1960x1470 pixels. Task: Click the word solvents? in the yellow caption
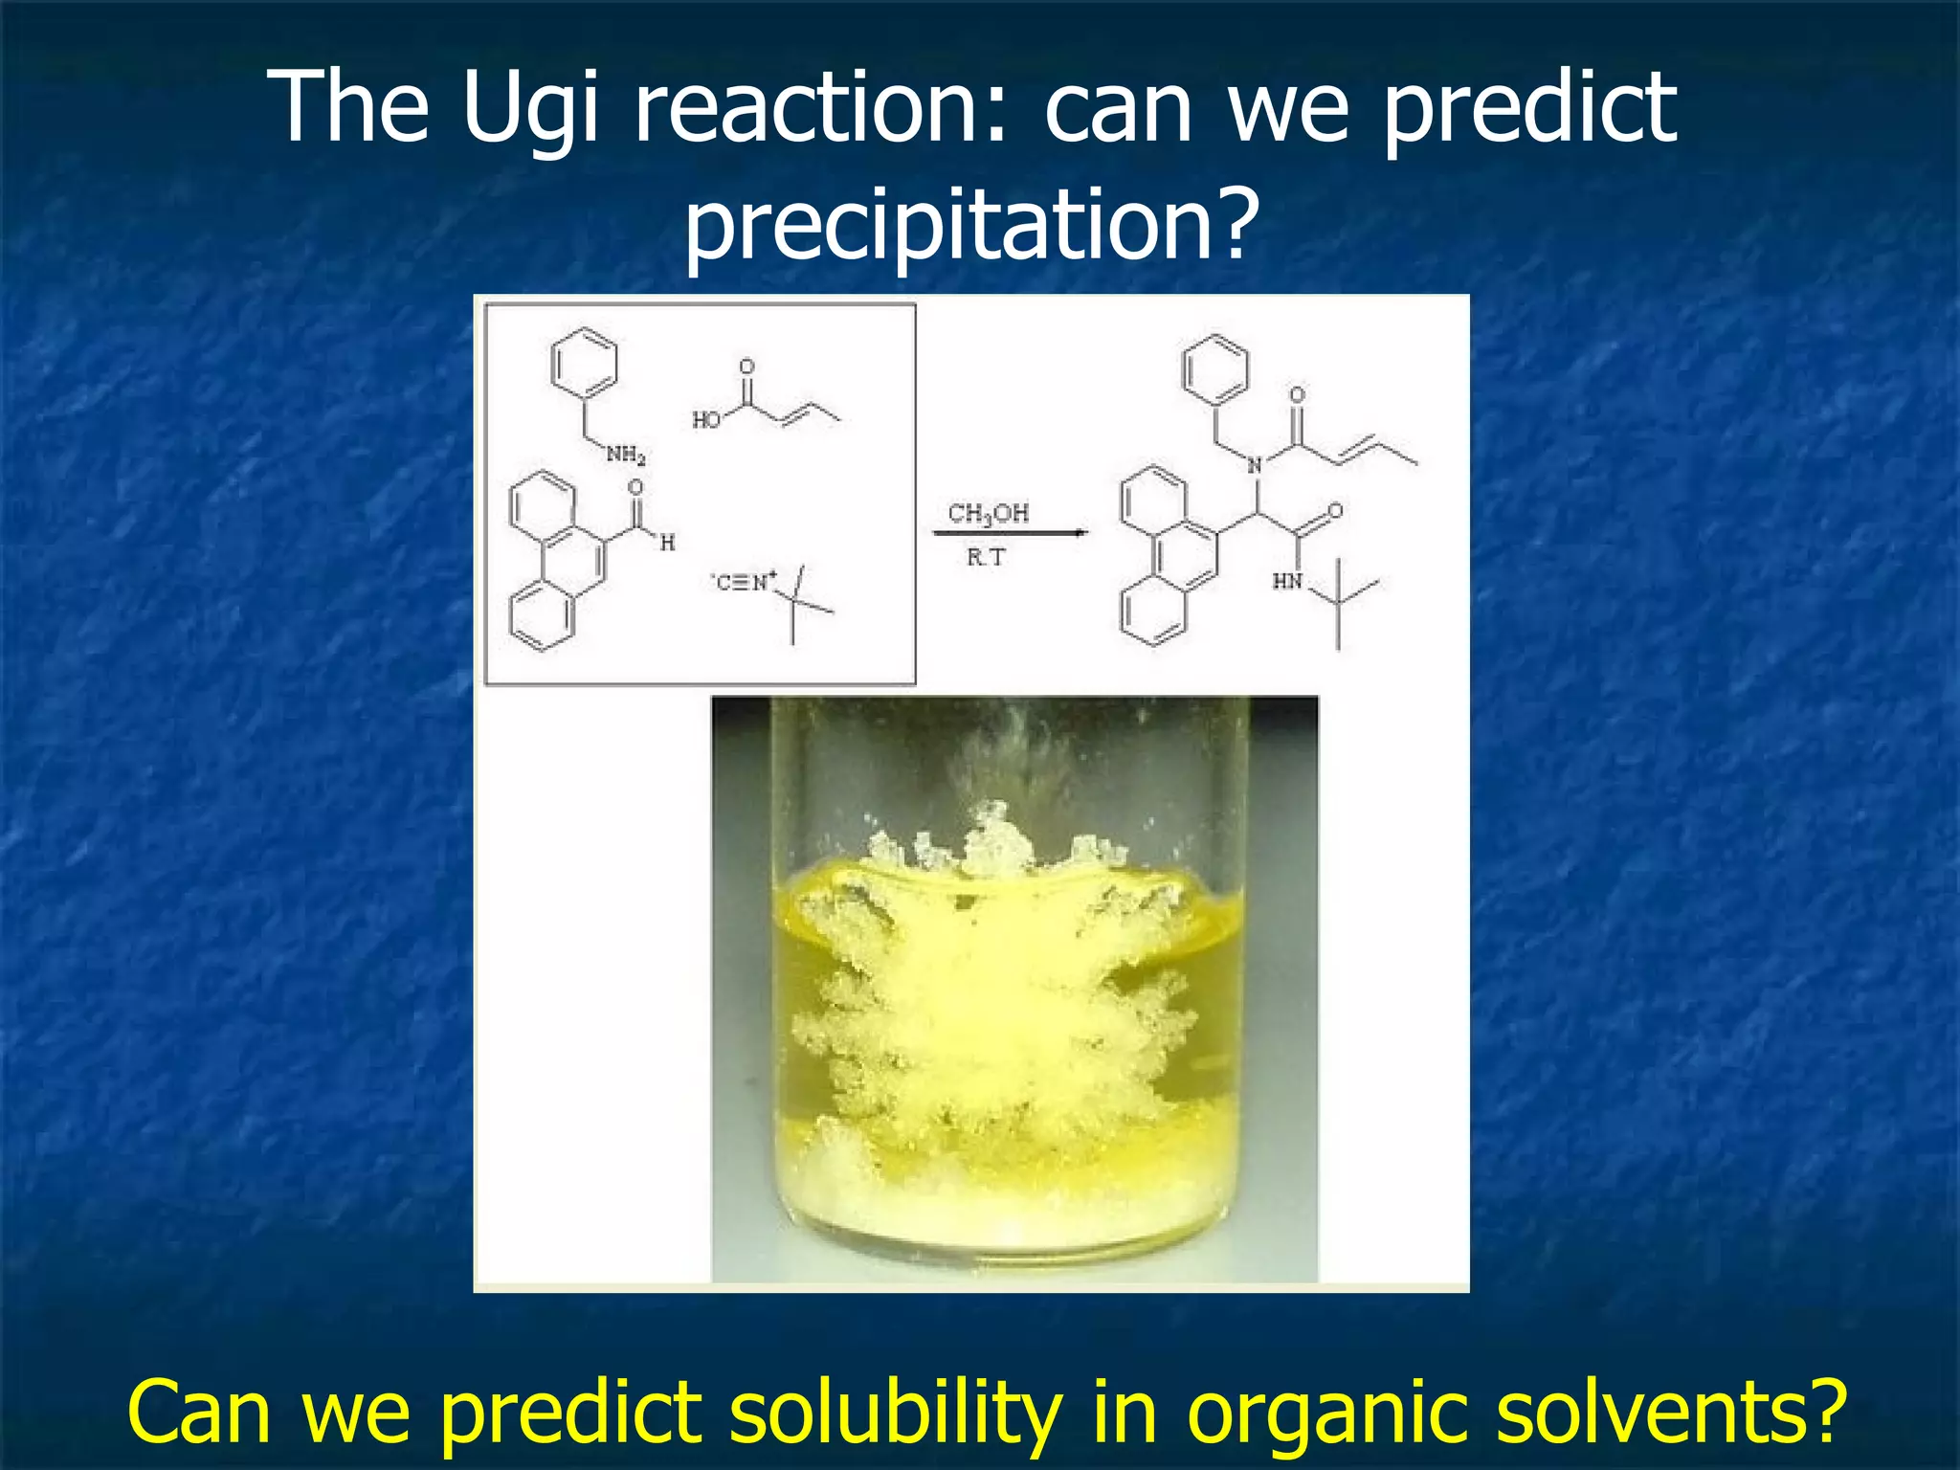[x=1670, y=1412]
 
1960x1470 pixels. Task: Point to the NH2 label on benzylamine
[x=626, y=455]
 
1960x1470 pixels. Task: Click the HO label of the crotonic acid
[x=706, y=419]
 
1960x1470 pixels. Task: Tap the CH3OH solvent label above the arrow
[x=988, y=514]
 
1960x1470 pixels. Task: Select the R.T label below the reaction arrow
[x=986, y=557]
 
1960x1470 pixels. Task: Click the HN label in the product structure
[x=1287, y=581]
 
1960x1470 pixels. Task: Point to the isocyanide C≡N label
[x=744, y=581]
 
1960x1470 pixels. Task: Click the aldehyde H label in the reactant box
[x=667, y=543]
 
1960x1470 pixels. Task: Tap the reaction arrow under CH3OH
[x=1010, y=533]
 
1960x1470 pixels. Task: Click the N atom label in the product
[x=1255, y=466]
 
